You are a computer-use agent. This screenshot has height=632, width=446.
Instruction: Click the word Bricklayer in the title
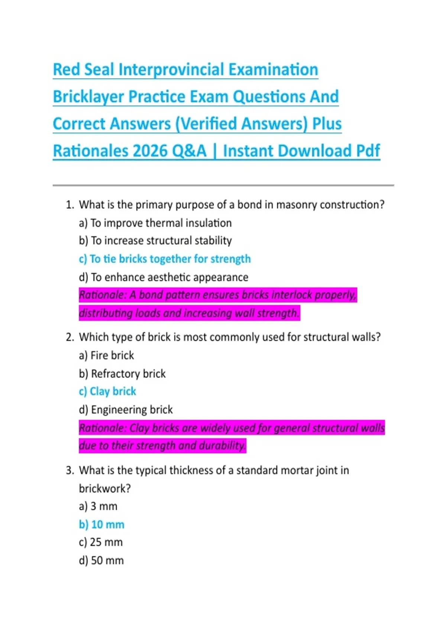click(x=88, y=97)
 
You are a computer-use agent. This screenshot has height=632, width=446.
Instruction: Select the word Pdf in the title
click(x=368, y=151)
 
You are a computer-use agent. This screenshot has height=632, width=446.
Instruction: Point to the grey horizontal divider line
click(x=223, y=185)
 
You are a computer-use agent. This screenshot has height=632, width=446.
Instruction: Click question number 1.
click(x=70, y=205)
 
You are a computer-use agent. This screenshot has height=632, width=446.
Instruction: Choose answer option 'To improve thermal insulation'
click(x=155, y=223)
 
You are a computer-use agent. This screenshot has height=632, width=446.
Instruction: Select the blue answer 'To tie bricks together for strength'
click(x=165, y=259)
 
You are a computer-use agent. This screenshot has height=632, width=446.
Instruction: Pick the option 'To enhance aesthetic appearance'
click(x=164, y=277)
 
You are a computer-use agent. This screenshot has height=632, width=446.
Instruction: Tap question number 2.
click(x=70, y=337)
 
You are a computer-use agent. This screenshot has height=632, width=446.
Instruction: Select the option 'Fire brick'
click(x=106, y=355)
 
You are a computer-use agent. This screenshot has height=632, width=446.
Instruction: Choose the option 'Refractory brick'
click(x=122, y=374)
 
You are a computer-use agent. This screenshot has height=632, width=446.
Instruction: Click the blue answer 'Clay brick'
click(x=107, y=391)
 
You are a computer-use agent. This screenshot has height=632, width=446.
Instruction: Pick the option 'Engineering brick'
click(x=126, y=410)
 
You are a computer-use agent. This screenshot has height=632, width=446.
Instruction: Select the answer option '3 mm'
click(x=98, y=506)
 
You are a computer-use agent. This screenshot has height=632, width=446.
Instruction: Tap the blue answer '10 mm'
click(x=101, y=525)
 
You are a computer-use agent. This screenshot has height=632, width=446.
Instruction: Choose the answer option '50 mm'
click(x=101, y=561)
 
